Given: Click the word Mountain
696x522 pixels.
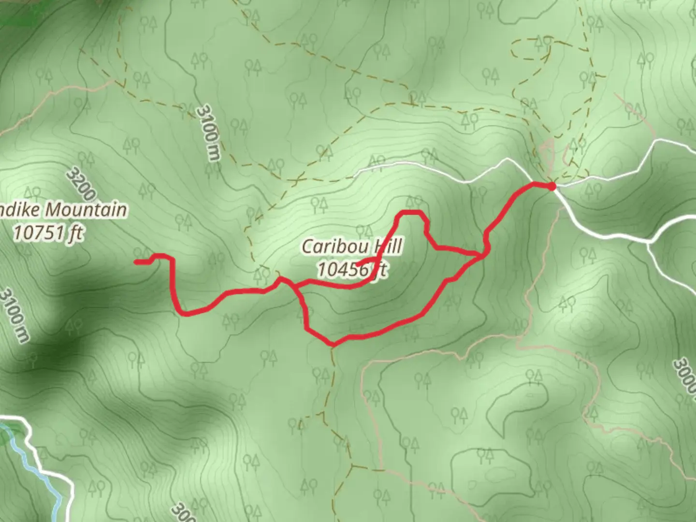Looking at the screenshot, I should pos(87,210).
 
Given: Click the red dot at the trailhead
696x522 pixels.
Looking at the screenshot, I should pos(551,185).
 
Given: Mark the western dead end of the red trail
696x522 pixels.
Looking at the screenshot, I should pos(136,262).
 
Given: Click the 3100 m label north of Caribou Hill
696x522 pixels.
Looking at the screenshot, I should pos(208,133).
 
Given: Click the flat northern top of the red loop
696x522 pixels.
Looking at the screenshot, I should pos(410,212).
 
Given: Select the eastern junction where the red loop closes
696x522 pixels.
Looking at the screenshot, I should pos(482,254).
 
